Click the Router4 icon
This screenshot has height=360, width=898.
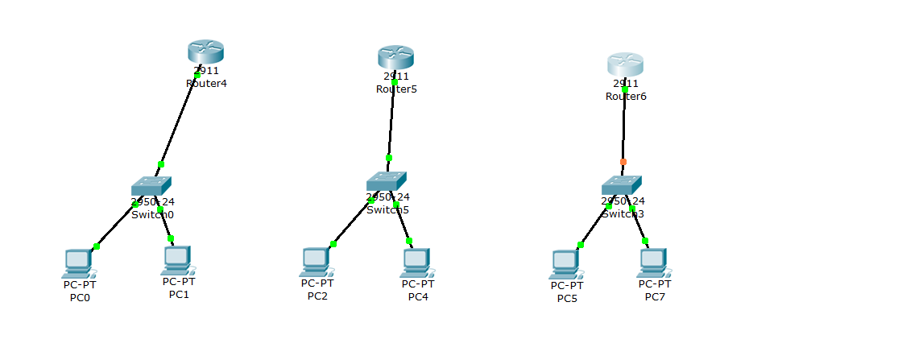click(x=205, y=52)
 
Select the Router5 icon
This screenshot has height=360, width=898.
click(x=395, y=56)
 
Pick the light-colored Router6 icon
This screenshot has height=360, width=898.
click(x=625, y=64)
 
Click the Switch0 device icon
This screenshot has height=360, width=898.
click(x=152, y=186)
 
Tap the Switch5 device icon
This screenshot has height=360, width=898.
click(x=387, y=181)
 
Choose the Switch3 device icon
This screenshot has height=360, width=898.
click(x=622, y=184)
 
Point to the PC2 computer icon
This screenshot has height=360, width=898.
click(x=316, y=261)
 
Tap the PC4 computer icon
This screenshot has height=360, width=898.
click(x=416, y=261)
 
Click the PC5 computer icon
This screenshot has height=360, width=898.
click(x=565, y=263)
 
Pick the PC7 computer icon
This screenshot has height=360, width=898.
click(x=653, y=262)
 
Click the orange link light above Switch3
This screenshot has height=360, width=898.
click(x=623, y=162)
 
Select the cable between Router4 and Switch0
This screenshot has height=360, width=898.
click(x=178, y=121)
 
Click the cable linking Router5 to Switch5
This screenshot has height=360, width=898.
click(x=391, y=121)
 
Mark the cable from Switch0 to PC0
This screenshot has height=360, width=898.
click(x=114, y=226)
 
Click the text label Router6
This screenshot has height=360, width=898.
click(x=626, y=97)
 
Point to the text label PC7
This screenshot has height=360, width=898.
click(x=654, y=297)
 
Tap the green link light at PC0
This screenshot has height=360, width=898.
click(x=96, y=246)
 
